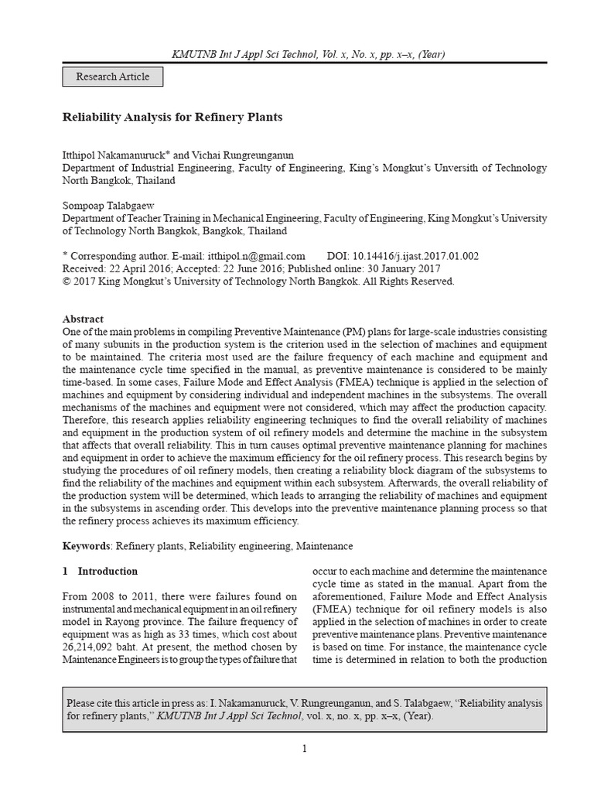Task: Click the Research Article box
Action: pyautogui.click(x=112, y=77)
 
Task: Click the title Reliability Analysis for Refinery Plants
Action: pyautogui.click(x=172, y=118)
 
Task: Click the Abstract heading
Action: pyautogui.click(x=83, y=319)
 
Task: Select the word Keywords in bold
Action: pyautogui.click(x=86, y=546)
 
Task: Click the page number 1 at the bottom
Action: pyautogui.click(x=305, y=748)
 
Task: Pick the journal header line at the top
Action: pyautogui.click(x=297, y=54)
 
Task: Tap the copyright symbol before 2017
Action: pyautogui.click(x=66, y=282)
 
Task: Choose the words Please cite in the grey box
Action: pyautogui.click(x=89, y=703)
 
